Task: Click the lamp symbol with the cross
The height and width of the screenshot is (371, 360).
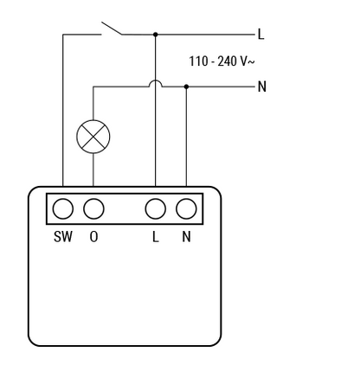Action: (x=93, y=137)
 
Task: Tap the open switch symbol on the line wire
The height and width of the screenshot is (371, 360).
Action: (x=112, y=29)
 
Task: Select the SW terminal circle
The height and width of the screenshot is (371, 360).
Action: (x=63, y=208)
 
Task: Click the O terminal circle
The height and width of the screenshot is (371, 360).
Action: (x=93, y=208)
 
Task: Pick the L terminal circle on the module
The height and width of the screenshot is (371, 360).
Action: (x=156, y=208)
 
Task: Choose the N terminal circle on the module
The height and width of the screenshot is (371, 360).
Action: (x=186, y=208)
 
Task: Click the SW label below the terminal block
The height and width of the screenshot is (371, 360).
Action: (x=63, y=237)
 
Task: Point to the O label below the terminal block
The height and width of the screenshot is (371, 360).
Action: (x=93, y=237)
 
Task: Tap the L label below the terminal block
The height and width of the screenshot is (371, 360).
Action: (x=156, y=237)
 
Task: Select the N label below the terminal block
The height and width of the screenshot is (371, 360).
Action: (x=186, y=237)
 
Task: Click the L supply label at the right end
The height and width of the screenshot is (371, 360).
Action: (x=260, y=34)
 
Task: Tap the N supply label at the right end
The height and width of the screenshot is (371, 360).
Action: (x=262, y=86)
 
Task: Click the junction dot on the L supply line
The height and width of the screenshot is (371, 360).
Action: (x=156, y=35)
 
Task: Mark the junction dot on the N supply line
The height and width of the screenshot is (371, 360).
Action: (x=186, y=86)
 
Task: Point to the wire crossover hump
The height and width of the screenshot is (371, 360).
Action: (x=156, y=80)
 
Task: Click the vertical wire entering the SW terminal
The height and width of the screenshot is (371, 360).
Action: (x=63, y=111)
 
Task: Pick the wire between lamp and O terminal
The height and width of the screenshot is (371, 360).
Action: (x=93, y=170)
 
